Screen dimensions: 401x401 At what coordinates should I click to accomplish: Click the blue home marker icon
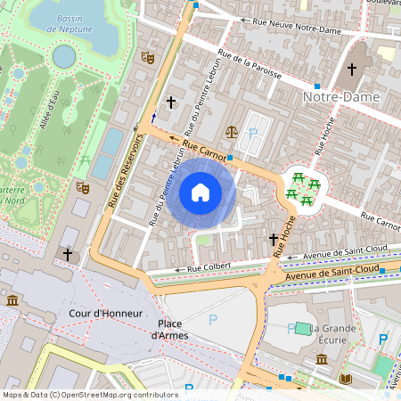[200, 192]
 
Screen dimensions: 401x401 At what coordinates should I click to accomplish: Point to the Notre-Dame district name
[341, 95]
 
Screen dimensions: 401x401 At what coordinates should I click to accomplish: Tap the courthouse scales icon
[232, 131]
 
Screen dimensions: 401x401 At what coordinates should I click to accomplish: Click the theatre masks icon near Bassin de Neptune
[148, 57]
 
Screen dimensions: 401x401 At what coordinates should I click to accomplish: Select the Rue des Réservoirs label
[125, 171]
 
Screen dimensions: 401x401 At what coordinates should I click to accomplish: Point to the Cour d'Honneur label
[100, 315]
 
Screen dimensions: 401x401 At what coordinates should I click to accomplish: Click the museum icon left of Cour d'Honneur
[12, 301]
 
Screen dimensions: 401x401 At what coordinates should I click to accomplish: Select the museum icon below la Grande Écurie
[321, 358]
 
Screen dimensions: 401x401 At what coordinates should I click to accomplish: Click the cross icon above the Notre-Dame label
[351, 69]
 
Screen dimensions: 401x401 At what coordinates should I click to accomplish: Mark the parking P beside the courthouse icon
[252, 133]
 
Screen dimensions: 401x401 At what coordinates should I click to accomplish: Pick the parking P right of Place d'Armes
[212, 318]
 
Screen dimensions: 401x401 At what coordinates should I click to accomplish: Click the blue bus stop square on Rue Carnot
[230, 158]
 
